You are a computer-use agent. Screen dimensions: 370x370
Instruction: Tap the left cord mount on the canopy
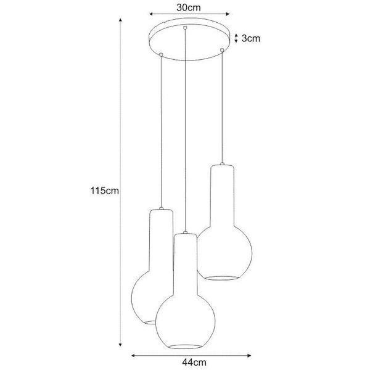tap(161, 55)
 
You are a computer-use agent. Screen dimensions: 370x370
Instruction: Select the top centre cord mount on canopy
tap(185, 28)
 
